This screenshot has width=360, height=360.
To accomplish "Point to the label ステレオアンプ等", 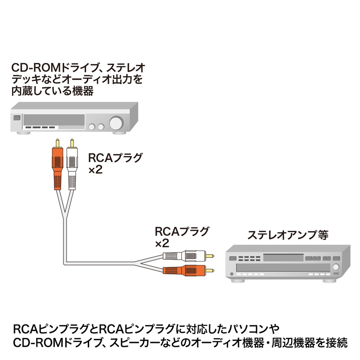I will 288,235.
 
